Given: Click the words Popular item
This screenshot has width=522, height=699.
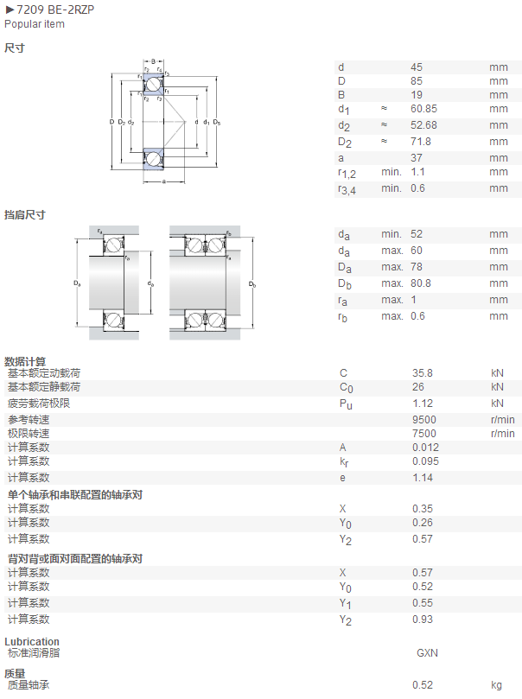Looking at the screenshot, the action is (x=35, y=24).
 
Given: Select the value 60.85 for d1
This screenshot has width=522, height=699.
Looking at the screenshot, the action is (x=423, y=109).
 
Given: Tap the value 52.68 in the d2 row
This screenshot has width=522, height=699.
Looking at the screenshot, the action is (x=423, y=125).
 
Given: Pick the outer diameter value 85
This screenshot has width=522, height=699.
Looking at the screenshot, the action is (x=417, y=81).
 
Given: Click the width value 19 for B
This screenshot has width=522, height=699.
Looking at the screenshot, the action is (x=417, y=95).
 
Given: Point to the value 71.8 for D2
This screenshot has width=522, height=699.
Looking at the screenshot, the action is (x=421, y=142).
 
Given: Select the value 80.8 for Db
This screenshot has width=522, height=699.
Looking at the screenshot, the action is (x=421, y=283).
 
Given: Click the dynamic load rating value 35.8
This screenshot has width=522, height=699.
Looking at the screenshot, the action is (x=422, y=373).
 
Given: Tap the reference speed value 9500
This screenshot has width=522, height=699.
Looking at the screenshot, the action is (x=424, y=420).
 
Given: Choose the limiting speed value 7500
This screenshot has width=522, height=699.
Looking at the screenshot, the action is (x=424, y=434).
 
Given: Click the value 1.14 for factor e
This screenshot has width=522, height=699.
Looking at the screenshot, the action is (x=422, y=478).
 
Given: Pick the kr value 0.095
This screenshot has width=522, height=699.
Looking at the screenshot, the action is (x=425, y=461).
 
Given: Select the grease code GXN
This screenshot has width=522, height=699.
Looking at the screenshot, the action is (x=427, y=653).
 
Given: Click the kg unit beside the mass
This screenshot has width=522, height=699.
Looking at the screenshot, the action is (x=496, y=685).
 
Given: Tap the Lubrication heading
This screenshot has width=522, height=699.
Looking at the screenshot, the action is (x=32, y=641).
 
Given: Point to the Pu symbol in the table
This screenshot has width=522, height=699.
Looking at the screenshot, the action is (x=346, y=404).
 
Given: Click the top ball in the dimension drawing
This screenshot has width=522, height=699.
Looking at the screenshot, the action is (x=153, y=85).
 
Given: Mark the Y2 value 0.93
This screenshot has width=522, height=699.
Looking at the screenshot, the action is (x=422, y=620).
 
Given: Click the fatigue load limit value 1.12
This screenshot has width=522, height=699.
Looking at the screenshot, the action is (x=422, y=404).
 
